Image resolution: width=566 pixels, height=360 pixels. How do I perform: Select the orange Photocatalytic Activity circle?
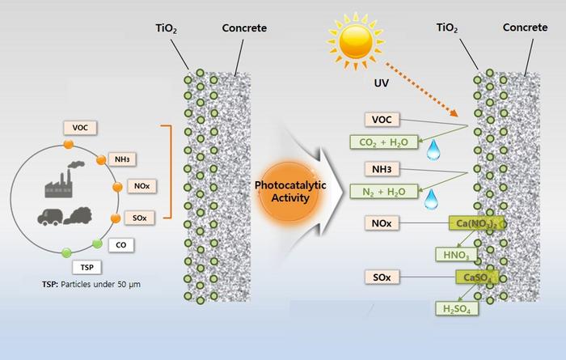pyautogui.click(x=288, y=193)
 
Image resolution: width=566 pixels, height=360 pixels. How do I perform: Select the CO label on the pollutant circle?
pyautogui.click(x=120, y=244)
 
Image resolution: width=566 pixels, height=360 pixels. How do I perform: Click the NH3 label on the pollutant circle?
pyautogui.click(x=125, y=159)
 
